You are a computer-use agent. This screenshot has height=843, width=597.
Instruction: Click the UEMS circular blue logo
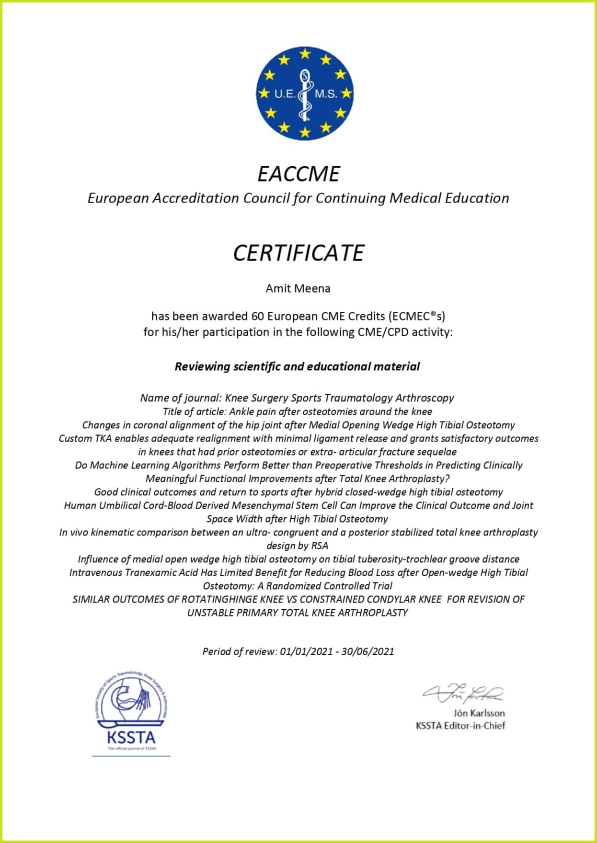[304, 93]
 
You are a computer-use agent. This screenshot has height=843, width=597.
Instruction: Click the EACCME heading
[298, 173]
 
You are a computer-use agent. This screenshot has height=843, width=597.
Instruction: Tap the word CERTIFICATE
[298, 253]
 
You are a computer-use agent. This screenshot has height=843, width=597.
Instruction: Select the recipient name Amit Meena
[298, 288]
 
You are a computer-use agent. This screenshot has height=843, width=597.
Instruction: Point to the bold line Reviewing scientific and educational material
[297, 366]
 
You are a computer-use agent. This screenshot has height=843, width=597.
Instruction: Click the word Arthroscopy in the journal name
[425, 398]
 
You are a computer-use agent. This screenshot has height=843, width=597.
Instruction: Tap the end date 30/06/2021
[367, 651]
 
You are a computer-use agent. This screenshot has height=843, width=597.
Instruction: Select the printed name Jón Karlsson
[479, 713]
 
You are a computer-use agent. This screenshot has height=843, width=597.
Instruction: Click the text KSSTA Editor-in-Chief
[460, 725]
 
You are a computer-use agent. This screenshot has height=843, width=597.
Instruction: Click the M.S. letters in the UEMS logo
[326, 94]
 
